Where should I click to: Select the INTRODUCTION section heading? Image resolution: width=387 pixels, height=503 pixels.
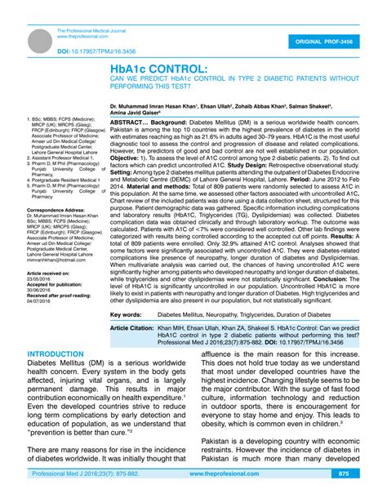pos(56,377)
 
